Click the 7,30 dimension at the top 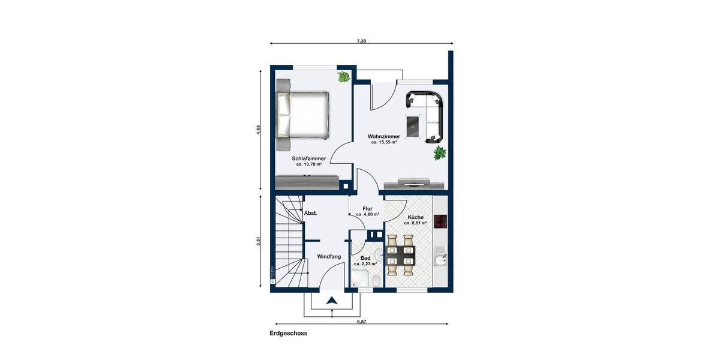point(361,41)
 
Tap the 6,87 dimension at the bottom point(361,322)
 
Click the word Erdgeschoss point(288,334)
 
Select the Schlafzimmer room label point(309,158)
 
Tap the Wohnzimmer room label point(384,137)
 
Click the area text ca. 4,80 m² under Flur point(367,214)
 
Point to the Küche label point(416,217)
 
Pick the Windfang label point(329,256)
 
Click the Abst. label point(311,213)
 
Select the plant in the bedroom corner point(344,77)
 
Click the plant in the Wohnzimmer point(440,153)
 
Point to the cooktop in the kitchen point(440,221)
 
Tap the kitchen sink point(440,260)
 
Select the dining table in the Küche point(400,255)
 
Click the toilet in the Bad point(374,279)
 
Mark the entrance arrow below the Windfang point(331,301)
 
